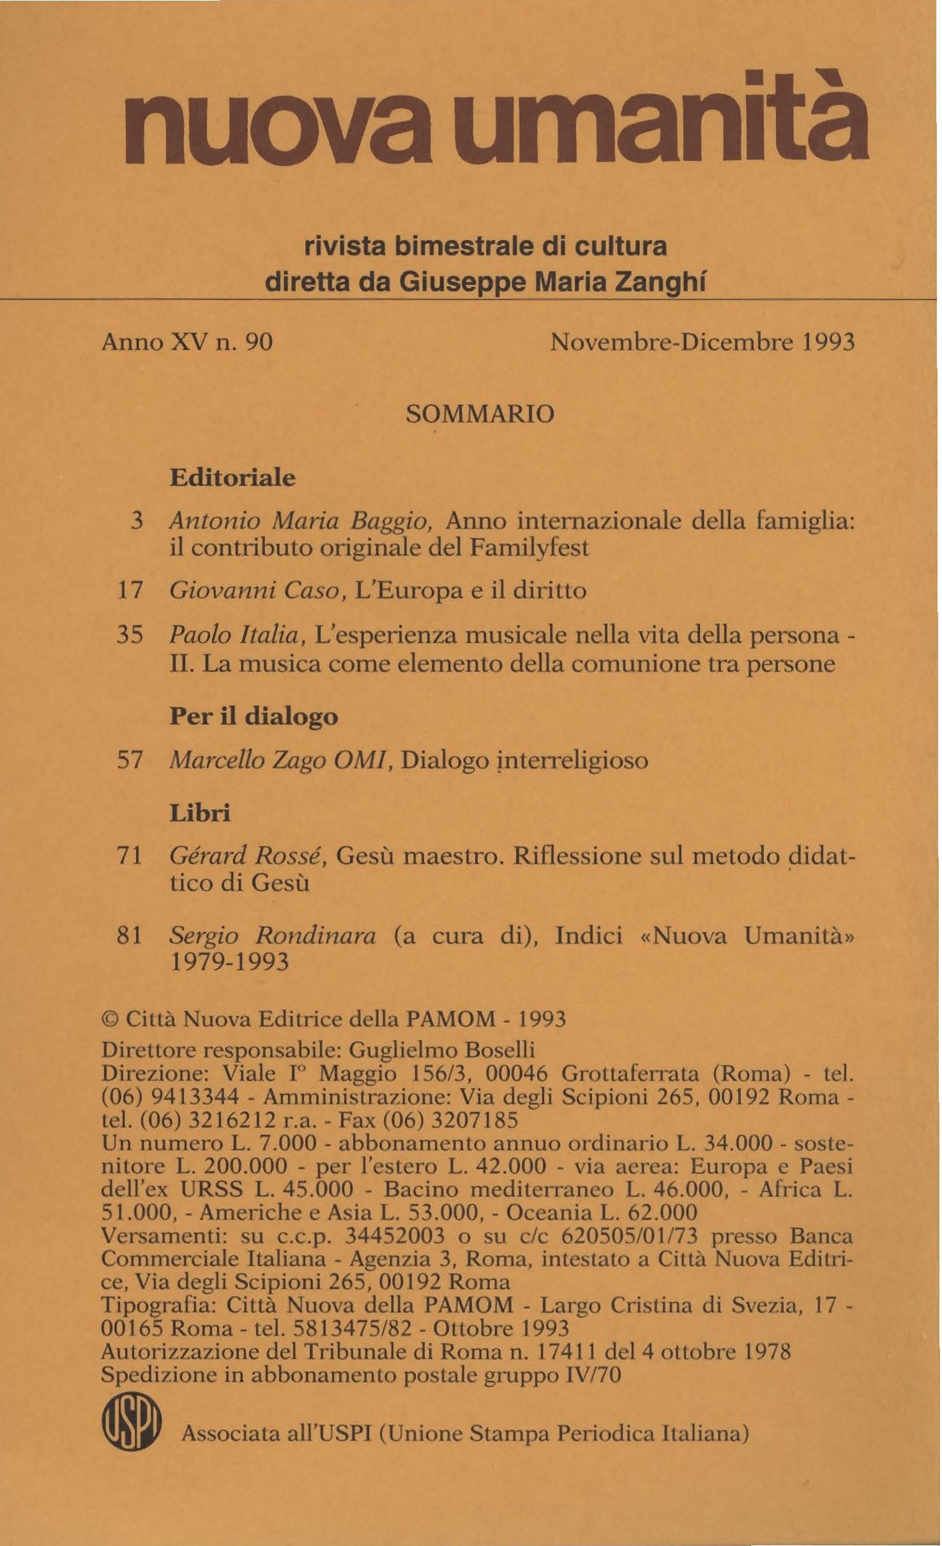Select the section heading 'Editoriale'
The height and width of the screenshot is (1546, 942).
click(x=232, y=478)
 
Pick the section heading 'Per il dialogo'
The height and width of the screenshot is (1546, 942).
click(x=254, y=716)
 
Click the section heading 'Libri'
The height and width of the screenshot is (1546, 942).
click(x=200, y=814)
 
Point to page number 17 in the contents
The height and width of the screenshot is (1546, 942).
click(x=130, y=589)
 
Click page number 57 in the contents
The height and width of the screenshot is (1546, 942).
click(x=130, y=761)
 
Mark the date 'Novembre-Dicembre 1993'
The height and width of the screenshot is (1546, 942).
click(x=702, y=343)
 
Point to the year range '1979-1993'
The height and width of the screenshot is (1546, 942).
click(x=231, y=961)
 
